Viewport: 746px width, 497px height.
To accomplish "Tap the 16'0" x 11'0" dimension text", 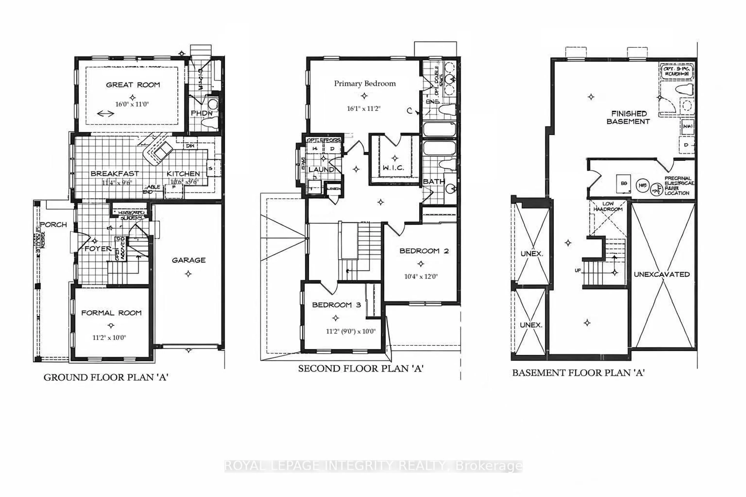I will tap(132, 104).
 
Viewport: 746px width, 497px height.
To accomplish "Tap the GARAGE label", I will tap(189, 260).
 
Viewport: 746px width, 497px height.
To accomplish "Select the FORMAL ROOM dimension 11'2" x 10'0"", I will tap(109, 338).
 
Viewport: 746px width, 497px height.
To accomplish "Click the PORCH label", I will tap(54, 225).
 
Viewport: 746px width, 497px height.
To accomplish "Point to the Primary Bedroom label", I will tap(365, 84).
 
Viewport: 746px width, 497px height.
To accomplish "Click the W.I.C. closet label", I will tap(393, 168).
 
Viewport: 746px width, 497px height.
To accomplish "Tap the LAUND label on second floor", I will tap(321, 169).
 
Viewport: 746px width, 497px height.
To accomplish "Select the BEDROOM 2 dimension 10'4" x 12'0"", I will tap(421, 276).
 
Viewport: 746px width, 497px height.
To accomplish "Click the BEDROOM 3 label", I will tap(336, 305).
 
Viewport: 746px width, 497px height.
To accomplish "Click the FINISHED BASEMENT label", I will tap(628, 117).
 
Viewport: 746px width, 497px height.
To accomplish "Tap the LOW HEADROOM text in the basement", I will tap(608, 206).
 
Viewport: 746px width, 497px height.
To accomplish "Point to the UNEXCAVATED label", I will tap(662, 275).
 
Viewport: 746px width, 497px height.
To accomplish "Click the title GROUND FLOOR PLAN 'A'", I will tap(106, 377).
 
